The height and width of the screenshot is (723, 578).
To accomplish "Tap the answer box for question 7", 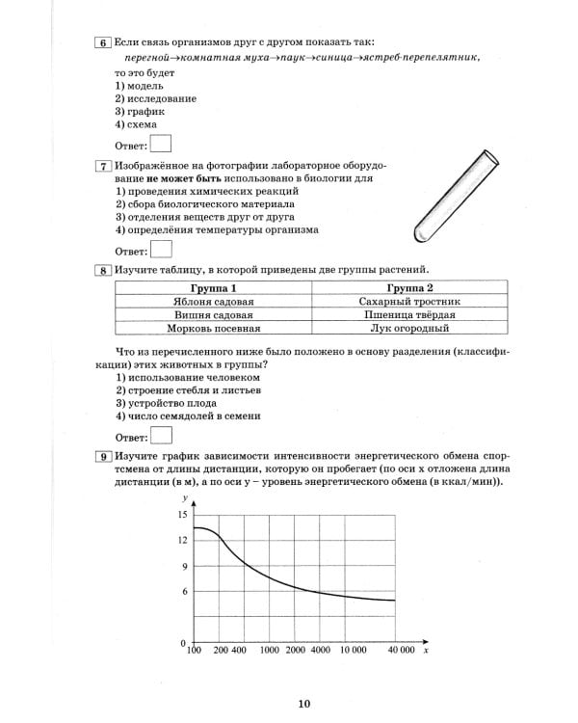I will (x=162, y=250).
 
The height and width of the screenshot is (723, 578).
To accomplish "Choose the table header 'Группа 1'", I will (x=213, y=288).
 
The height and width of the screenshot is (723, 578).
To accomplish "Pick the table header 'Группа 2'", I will (x=409, y=288).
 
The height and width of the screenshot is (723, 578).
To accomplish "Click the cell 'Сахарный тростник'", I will (x=409, y=302).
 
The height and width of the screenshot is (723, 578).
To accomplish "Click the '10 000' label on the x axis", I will (x=353, y=653).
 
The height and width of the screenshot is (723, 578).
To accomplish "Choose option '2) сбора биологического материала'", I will (x=205, y=204).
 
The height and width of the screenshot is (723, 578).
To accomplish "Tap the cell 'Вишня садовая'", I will (x=213, y=315).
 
